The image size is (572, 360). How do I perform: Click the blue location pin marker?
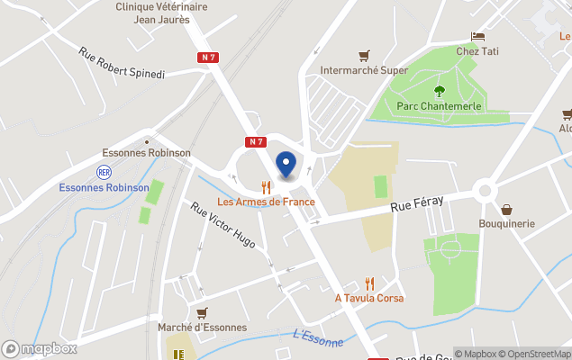click(286, 165)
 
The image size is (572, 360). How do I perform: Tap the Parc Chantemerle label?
click(440, 106)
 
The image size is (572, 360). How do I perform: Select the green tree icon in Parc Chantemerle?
click(440, 90)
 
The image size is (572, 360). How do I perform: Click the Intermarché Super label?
click(364, 70)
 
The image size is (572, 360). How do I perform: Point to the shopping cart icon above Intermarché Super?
click(364, 55)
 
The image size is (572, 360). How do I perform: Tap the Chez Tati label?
click(477, 51)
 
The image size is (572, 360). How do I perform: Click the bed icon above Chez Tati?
click(477, 36)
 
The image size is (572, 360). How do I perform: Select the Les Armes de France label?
click(266, 202)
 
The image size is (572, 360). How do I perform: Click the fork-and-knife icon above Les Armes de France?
click(266, 186)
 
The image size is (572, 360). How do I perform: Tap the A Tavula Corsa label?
click(369, 298)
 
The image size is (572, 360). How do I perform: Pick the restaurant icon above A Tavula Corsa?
click(369, 283)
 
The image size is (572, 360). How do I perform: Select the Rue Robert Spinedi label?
click(122, 63)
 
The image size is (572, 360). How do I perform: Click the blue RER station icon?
click(103, 171)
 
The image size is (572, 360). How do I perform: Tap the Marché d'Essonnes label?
click(201, 328)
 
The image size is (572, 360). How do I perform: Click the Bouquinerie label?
click(506, 223)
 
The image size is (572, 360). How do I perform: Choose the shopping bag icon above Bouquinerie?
click(506, 209)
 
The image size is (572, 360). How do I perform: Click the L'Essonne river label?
click(317, 338)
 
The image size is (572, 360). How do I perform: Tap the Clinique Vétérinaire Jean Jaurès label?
click(161, 12)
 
